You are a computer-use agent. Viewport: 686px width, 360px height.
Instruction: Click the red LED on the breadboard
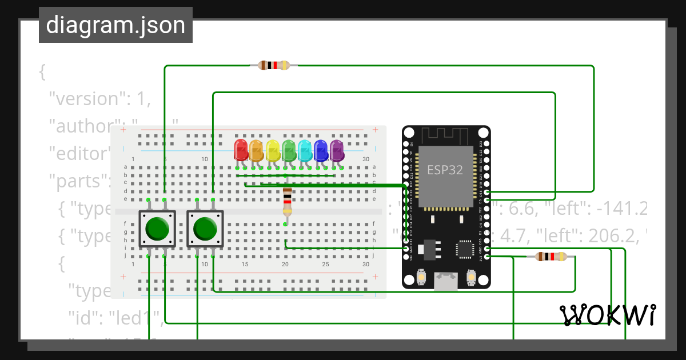pos(241,150)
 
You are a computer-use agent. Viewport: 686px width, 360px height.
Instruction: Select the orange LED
pos(257,150)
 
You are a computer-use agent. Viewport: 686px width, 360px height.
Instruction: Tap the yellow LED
pos(273,150)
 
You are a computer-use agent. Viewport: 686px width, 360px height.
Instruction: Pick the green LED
pos(289,150)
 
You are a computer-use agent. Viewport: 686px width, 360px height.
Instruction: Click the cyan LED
pos(305,150)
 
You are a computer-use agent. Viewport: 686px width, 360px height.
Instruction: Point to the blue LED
pos(321,150)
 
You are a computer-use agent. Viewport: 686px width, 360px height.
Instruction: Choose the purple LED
pos(337,150)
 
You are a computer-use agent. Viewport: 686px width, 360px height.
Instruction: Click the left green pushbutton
pos(157,229)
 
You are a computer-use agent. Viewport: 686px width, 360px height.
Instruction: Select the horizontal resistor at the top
pos(274,65)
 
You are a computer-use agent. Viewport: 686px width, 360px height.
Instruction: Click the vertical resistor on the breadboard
pos(287,202)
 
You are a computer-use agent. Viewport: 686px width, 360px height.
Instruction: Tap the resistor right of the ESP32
pos(551,257)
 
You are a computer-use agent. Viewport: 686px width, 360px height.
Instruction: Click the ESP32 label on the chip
pos(445,170)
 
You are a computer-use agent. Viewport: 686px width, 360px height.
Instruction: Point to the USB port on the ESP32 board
pos(445,280)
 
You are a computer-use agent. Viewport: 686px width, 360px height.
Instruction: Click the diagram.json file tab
pos(115,25)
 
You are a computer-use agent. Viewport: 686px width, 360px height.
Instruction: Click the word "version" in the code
pos(86,99)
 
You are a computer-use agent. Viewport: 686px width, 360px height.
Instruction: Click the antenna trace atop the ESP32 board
pos(446,135)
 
